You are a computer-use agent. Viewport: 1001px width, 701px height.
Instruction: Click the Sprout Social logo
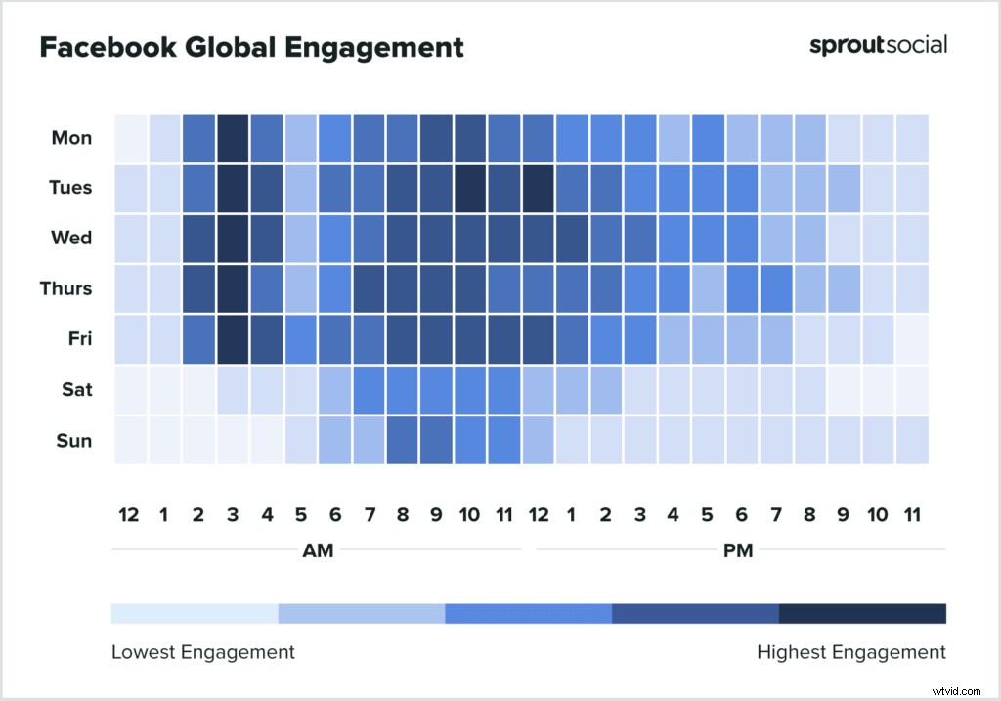(878, 45)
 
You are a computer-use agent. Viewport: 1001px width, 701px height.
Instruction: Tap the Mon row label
(71, 138)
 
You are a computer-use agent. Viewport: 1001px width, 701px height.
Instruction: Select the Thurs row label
(67, 288)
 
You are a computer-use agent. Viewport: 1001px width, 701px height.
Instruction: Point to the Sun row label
(73, 440)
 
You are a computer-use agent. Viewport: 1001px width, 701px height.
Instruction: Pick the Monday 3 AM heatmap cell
(233, 138)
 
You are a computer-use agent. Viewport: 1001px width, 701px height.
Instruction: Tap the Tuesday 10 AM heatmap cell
(470, 188)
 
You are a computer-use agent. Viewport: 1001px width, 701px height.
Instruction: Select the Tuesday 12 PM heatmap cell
(539, 188)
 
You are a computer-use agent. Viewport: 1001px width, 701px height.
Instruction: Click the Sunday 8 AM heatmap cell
(403, 440)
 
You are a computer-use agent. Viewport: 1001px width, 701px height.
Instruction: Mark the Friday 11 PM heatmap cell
(912, 339)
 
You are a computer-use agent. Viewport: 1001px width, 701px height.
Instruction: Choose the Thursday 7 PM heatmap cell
(776, 288)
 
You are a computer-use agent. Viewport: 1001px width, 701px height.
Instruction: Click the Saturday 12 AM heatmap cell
(131, 389)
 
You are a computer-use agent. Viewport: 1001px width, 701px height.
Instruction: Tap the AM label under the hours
(318, 550)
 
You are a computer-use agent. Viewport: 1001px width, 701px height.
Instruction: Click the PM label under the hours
(738, 550)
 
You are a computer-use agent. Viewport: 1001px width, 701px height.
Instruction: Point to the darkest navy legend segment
(862, 613)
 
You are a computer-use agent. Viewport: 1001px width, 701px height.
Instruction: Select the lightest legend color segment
(195, 613)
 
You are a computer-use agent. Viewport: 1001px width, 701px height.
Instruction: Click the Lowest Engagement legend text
(202, 652)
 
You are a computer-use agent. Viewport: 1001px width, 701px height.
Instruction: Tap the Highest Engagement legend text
(851, 652)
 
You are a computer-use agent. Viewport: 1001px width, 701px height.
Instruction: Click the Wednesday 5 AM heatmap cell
(301, 238)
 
